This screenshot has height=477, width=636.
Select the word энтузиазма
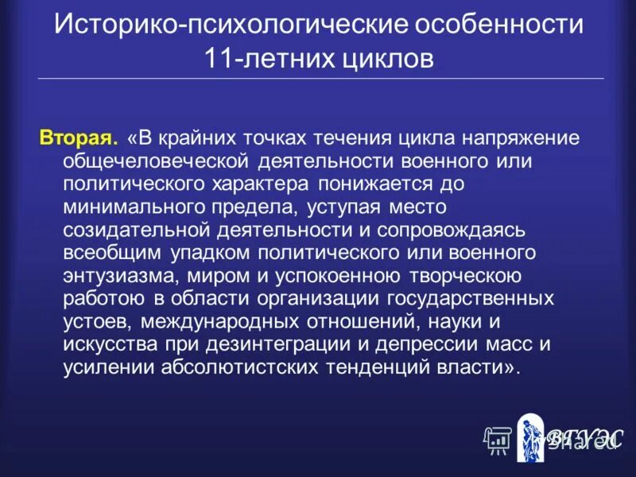pyautogui.click(x=113, y=277)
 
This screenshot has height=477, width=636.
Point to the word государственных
pyautogui.click(x=470, y=300)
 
